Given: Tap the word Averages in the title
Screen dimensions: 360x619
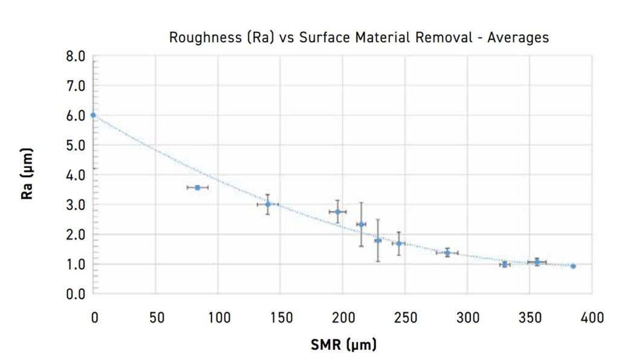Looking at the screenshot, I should tap(519, 37).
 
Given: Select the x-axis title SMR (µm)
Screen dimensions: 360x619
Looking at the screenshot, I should tap(343, 345).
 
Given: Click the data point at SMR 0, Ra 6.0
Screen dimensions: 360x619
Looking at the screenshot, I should tap(93, 115).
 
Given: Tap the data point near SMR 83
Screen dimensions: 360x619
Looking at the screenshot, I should tap(197, 188).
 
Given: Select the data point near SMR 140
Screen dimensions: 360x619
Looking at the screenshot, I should tap(268, 204).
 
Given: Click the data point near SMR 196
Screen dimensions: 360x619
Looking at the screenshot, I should tap(338, 212).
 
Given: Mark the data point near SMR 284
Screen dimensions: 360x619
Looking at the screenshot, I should tap(447, 252).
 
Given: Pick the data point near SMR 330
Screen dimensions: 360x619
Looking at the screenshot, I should tap(505, 264).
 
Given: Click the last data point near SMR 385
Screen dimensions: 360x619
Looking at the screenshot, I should tap(573, 266).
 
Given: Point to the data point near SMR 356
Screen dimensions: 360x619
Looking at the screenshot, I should tap(537, 262).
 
